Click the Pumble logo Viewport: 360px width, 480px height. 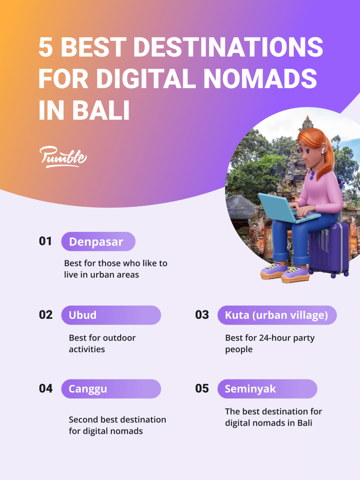(x=63, y=156)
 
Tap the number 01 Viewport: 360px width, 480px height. (x=46, y=241)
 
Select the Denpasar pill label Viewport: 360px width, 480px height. (x=98, y=242)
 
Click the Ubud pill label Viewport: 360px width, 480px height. (x=111, y=315)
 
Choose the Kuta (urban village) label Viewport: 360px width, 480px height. (x=277, y=315)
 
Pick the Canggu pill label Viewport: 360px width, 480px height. (x=111, y=389)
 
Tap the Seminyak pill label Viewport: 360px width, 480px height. (x=267, y=389)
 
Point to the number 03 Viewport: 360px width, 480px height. (x=202, y=315)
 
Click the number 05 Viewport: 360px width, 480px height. (x=202, y=388)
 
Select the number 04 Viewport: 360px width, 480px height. (x=46, y=388)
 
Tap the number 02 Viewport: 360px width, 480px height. (x=46, y=315)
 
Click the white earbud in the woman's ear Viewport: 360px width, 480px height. (x=323, y=151)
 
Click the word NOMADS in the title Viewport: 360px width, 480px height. (x=260, y=78)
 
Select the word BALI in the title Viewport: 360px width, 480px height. (x=101, y=110)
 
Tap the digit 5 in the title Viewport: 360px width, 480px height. (x=46, y=47)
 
